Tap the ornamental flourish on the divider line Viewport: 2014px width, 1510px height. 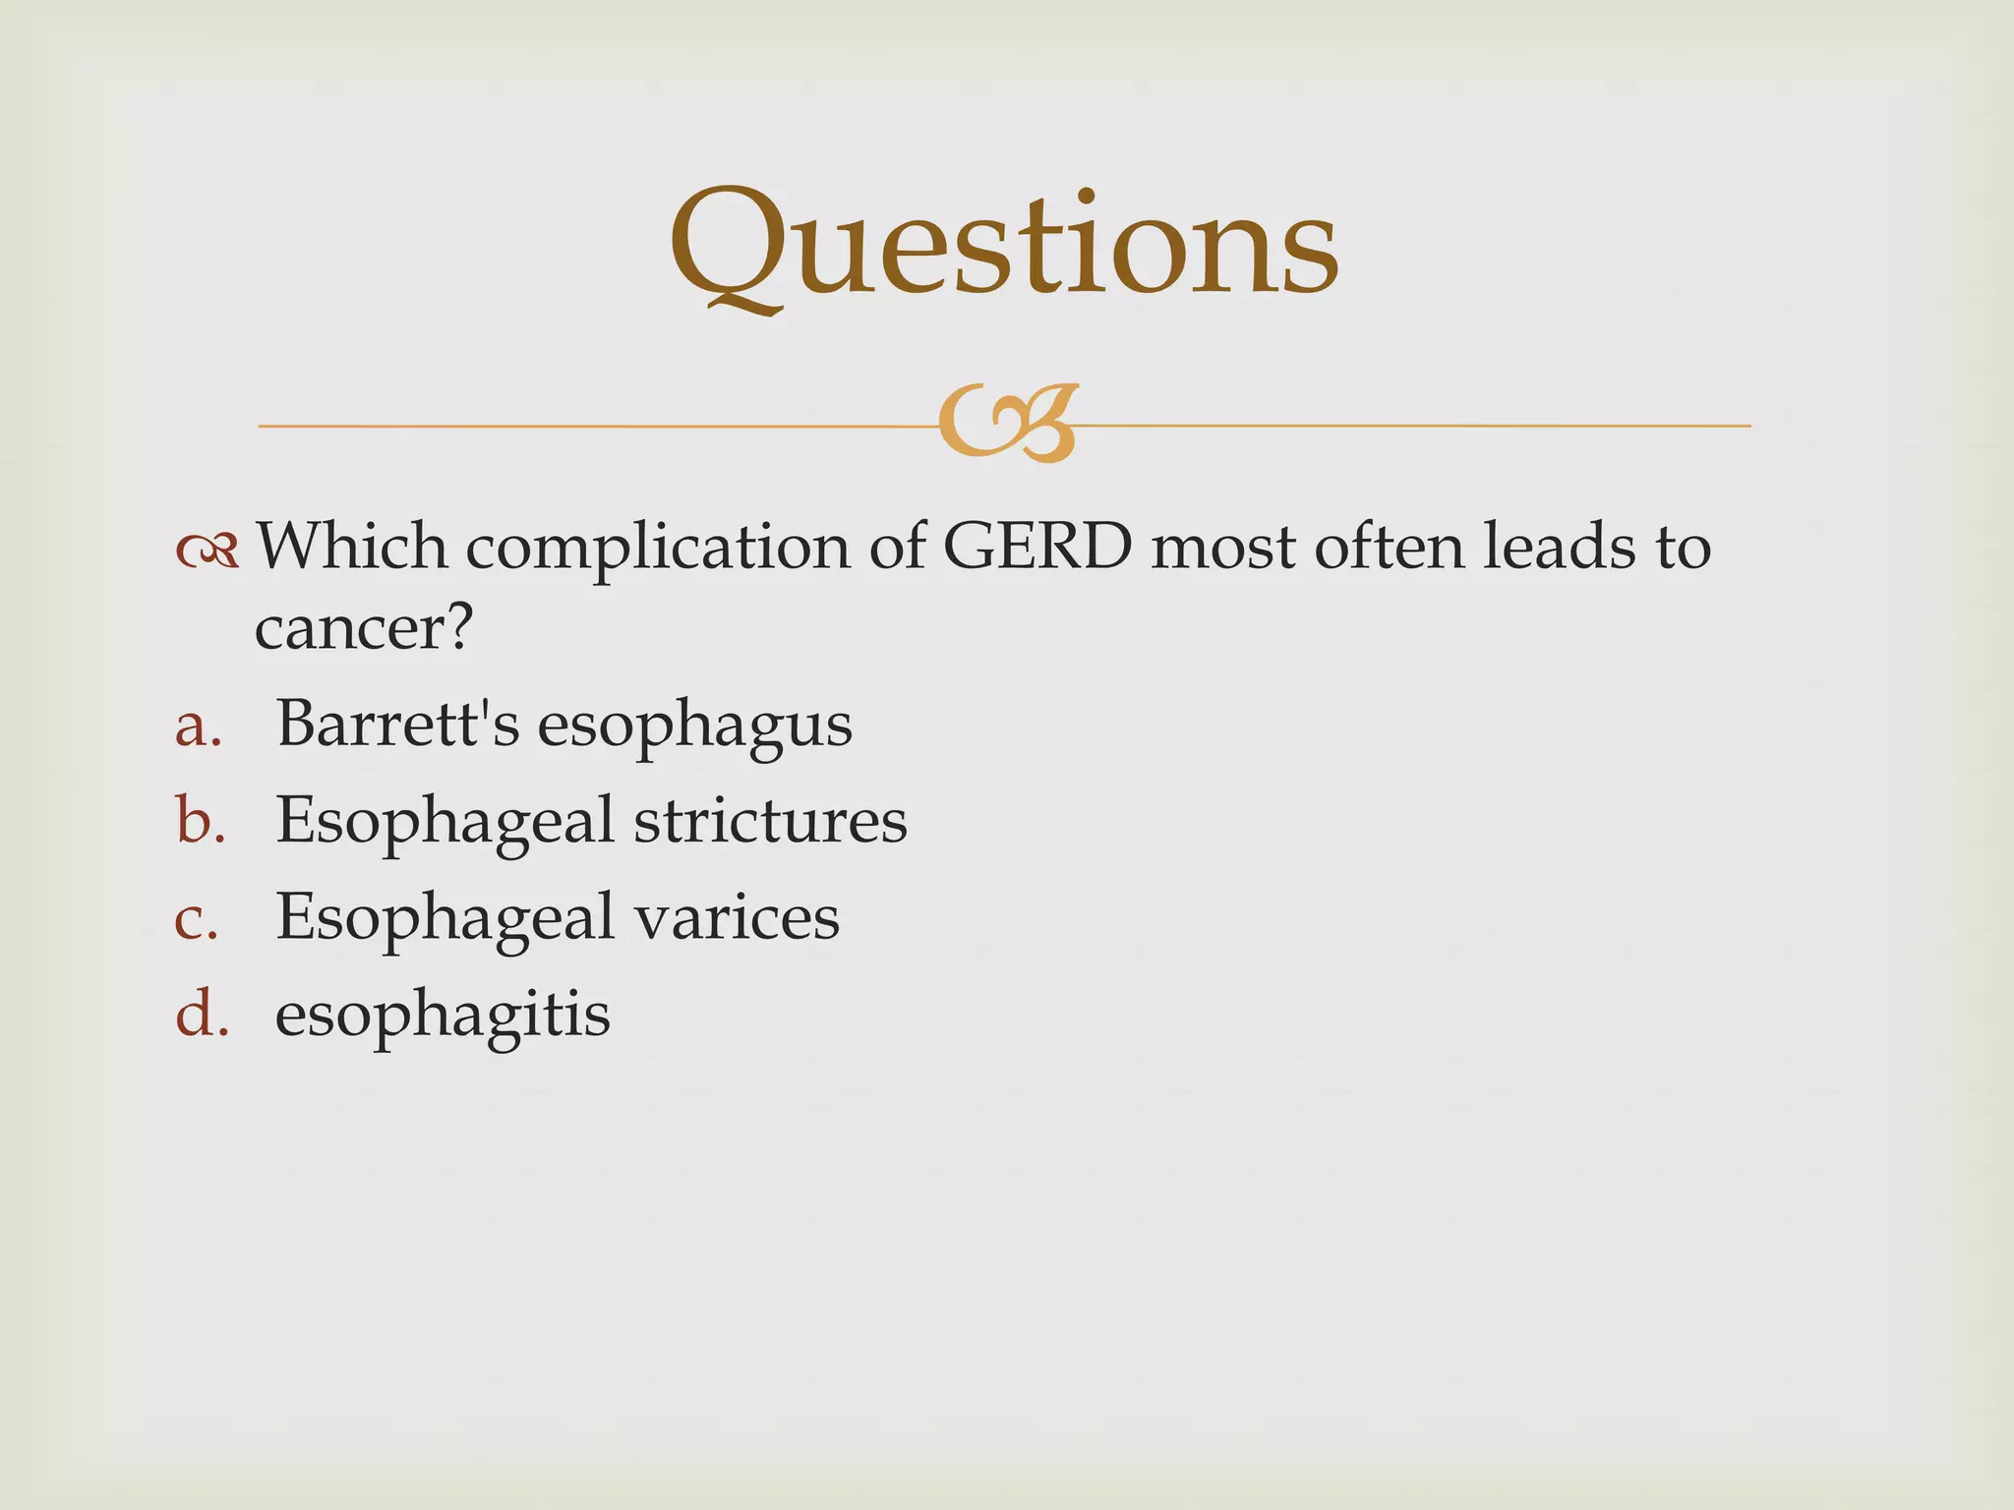point(1008,424)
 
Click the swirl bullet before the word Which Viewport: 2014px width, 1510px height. point(207,551)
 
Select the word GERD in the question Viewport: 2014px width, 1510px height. point(1037,547)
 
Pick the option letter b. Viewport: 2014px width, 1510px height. point(201,820)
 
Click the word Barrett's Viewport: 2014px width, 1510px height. point(397,724)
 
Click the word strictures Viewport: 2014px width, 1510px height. point(770,820)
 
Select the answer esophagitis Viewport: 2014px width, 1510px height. point(443,1015)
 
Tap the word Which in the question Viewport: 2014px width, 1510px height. point(351,547)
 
